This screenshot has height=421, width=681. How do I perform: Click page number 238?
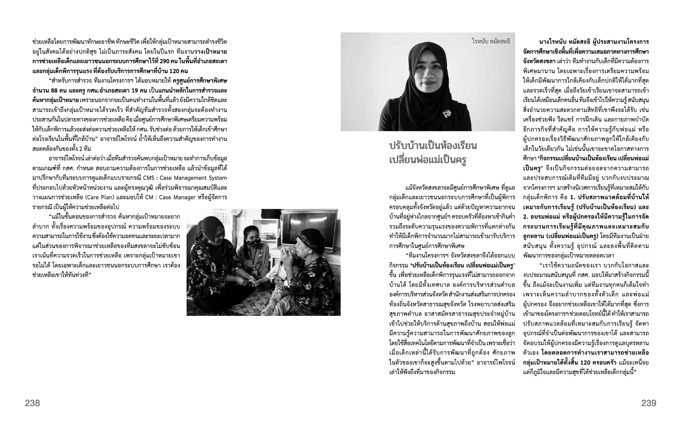coord(32,403)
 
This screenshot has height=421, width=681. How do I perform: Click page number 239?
coord(649,403)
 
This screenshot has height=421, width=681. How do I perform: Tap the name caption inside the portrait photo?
coord(491,41)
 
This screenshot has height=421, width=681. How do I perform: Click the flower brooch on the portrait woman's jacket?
coord(445,113)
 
